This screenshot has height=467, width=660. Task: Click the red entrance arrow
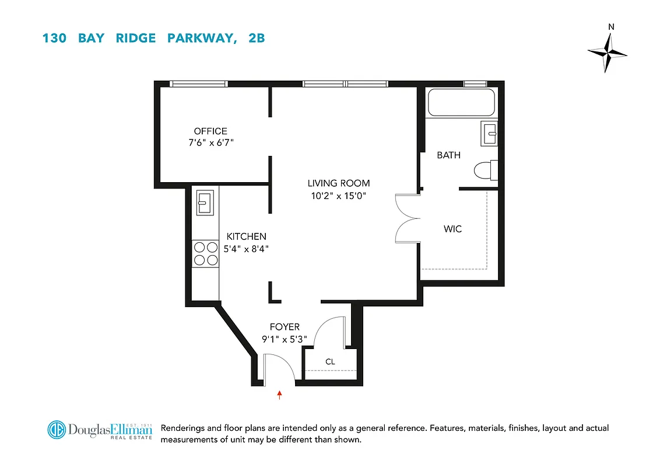click(x=280, y=395)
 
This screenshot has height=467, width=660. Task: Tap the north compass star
click(x=608, y=53)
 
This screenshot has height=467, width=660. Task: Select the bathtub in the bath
click(x=461, y=103)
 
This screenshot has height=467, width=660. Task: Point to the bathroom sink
click(x=489, y=134)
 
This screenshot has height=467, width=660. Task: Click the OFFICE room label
click(x=210, y=131)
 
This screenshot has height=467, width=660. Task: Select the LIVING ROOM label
click(x=339, y=183)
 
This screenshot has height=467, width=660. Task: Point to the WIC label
click(x=452, y=229)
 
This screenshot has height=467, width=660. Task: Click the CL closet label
click(x=330, y=362)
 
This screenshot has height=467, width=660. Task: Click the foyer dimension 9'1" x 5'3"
click(x=285, y=339)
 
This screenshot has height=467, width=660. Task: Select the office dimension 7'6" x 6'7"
click(x=210, y=142)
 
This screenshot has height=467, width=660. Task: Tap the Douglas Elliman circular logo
click(x=57, y=430)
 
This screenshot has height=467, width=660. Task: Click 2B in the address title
click(x=255, y=39)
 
